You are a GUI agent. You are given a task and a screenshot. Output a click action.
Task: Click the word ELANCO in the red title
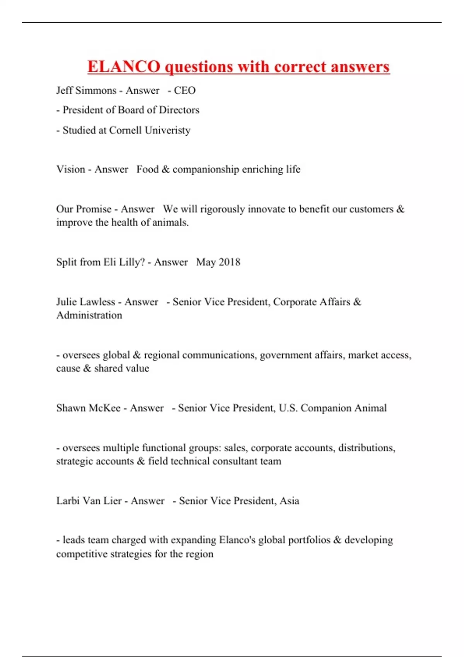[x=124, y=66]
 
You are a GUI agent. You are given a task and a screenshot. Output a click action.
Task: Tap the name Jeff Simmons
[x=86, y=90]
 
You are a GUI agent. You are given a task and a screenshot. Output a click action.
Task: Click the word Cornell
[x=125, y=130]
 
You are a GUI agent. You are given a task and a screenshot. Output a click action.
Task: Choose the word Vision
[x=71, y=169]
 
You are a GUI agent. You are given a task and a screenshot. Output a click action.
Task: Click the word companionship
[x=206, y=170]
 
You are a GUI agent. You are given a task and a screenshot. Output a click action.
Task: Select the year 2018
[x=229, y=262]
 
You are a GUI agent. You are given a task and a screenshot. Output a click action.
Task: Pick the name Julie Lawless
[x=85, y=302]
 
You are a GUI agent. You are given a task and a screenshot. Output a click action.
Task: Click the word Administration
[x=89, y=315]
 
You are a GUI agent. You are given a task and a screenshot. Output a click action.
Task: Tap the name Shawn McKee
[x=88, y=408]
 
